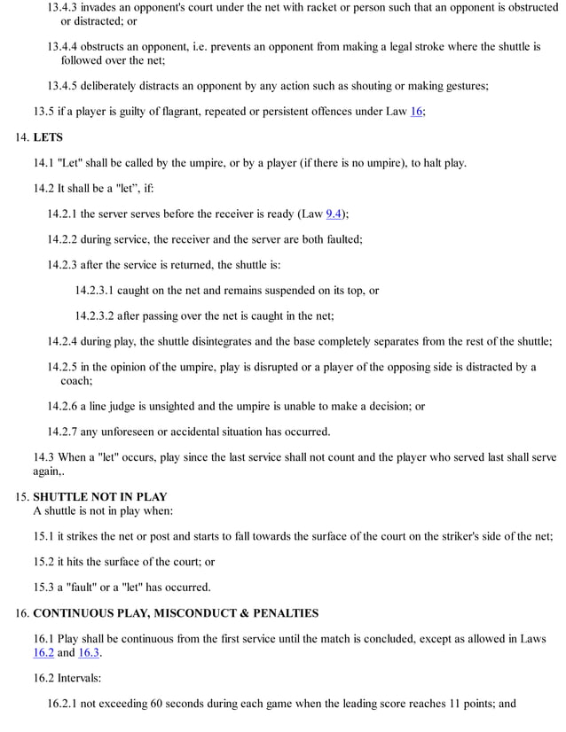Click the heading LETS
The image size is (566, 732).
[48, 137]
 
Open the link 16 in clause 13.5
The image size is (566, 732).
[417, 111]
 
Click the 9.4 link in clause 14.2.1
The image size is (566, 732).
[334, 214]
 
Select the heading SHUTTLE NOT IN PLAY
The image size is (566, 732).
[99, 496]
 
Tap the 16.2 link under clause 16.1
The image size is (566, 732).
[43, 652]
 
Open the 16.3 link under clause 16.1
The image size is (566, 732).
[90, 652]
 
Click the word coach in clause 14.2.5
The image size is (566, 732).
[75, 380]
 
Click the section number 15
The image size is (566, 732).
[22, 496]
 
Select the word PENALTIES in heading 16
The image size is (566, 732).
[286, 612]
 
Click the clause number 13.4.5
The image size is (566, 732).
[67, 86]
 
